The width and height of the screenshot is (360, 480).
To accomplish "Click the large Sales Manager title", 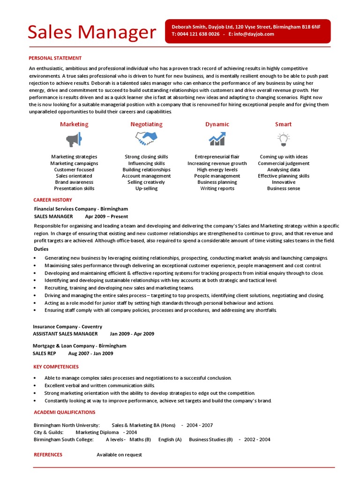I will [x=91, y=32].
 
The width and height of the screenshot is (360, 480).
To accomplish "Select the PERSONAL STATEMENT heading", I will [x=55, y=58].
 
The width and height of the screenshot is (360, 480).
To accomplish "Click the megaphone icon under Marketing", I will [x=74, y=139].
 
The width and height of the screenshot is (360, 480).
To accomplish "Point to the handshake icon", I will [x=146, y=138].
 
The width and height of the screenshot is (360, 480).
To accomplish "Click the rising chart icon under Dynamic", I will [x=217, y=138].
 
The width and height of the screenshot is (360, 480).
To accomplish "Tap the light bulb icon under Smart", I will [x=283, y=139].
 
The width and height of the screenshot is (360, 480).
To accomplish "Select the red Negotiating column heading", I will [x=146, y=124].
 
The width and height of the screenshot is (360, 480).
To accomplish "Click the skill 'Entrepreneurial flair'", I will [x=217, y=157].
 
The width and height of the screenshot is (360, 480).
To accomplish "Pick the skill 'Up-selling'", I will [x=146, y=188].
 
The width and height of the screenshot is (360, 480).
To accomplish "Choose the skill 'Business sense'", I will [x=283, y=188].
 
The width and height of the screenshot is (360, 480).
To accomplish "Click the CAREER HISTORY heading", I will [x=52, y=200].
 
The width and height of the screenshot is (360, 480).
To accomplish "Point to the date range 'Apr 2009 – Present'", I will [x=106, y=217].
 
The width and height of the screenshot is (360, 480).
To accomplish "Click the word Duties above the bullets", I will [x=41, y=249].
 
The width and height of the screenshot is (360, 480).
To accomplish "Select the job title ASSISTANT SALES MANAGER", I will [x=66, y=334].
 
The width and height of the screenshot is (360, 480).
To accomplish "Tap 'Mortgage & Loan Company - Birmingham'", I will [x=79, y=345].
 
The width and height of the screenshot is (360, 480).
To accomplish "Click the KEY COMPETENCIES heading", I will [x=56, y=367].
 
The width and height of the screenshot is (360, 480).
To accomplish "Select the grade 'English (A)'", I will [x=170, y=440].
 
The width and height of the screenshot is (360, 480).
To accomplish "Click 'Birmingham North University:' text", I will [x=67, y=425].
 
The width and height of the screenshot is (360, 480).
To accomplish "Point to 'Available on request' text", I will [x=119, y=455].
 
